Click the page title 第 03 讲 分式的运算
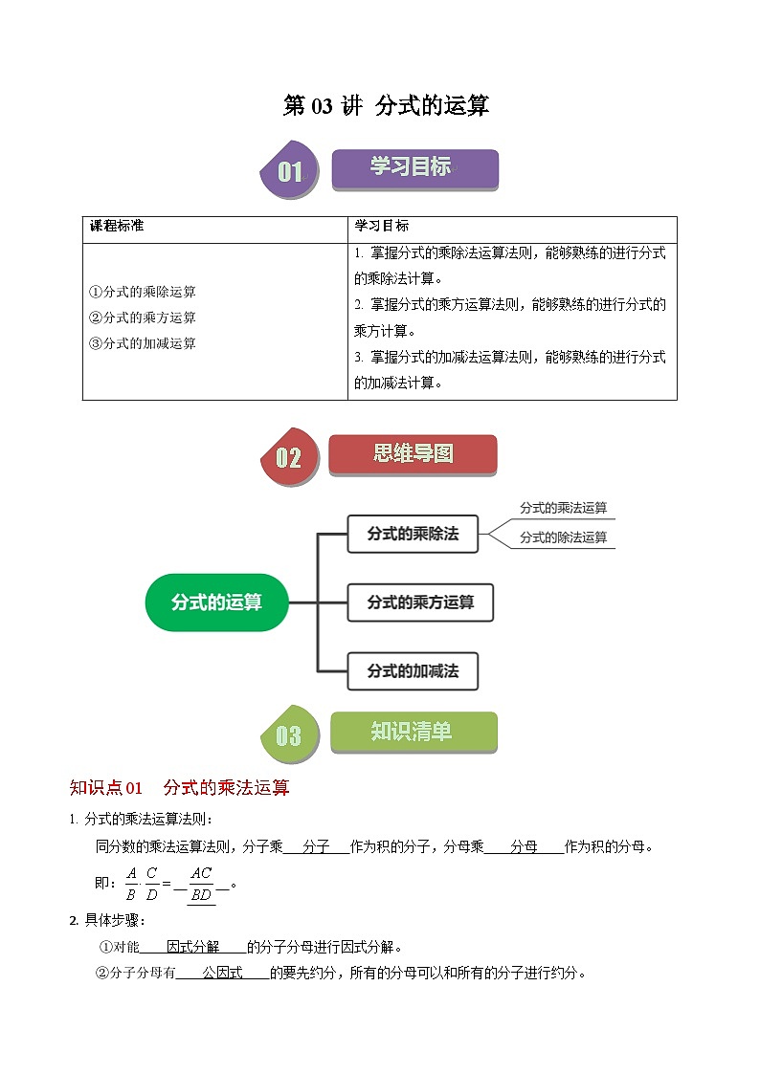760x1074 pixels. [x=386, y=106]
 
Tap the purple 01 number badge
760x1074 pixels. [x=289, y=172]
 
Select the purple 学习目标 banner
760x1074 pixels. [x=414, y=168]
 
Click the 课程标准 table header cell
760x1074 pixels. [x=117, y=227]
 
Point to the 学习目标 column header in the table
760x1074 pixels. [x=382, y=227]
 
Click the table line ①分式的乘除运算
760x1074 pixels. [x=143, y=292]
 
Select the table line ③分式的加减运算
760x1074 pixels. [x=143, y=343]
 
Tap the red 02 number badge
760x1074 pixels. [x=289, y=457]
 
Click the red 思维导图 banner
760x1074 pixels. [x=413, y=454]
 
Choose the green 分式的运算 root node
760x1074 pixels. [x=216, y=603]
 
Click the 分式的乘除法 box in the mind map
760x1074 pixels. [x=413, y=534]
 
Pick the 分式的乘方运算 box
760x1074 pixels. [x=420, y=603]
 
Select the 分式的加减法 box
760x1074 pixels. [x=413, y=671]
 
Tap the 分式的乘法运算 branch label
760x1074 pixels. [x=563, y=509]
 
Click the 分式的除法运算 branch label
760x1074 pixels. [x=563, y=537]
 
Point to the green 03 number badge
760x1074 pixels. [x=289, y=735]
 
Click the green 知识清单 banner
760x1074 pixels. [x=413, y=733]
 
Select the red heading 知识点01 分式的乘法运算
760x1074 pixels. [x=180, y=788]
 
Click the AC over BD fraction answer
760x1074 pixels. [x=201, y=885]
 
